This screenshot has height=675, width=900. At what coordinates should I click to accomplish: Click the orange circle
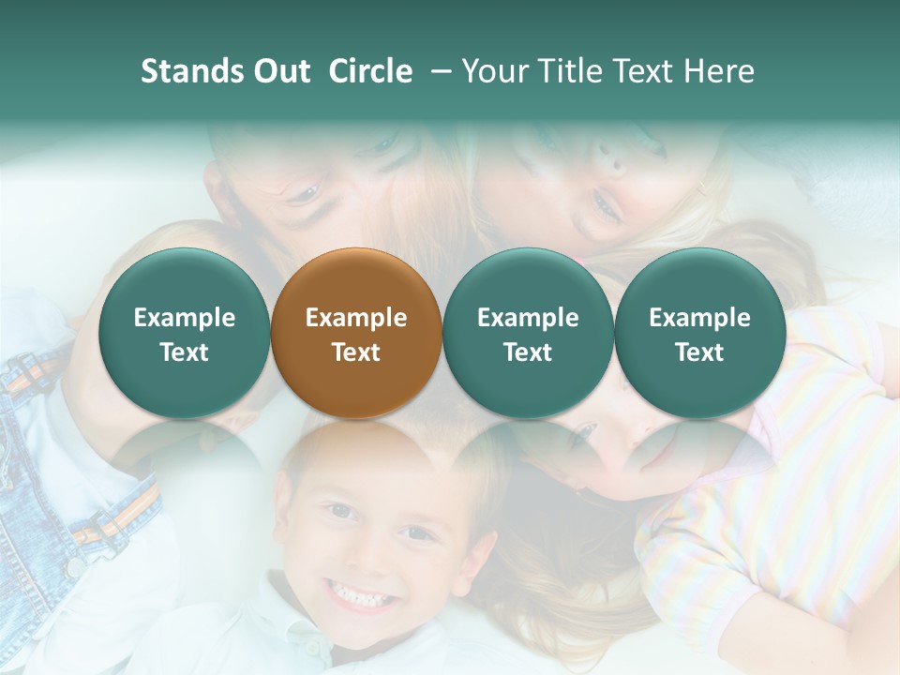(355, 333)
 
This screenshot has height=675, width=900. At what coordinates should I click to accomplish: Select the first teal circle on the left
(184, 333)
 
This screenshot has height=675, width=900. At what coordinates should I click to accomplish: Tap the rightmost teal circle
(699, 333)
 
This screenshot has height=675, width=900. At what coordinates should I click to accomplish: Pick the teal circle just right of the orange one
(528, 333)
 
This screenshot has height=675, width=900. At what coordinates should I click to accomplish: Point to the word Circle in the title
(370, 71)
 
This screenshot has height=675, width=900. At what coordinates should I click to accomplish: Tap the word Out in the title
(282, 71)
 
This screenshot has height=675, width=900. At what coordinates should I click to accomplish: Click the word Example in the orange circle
(356, 318)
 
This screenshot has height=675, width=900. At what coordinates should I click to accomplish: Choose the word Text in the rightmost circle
(699, 352)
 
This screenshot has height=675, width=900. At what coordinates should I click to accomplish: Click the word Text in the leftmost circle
(185, 352)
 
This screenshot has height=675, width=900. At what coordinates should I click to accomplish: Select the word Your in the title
(495, 71)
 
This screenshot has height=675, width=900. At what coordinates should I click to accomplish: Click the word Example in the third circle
(528, 318)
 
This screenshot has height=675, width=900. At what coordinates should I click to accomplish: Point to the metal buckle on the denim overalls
(73, 565)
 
